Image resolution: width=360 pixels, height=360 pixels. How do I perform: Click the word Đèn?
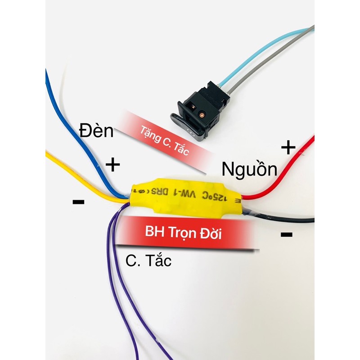[97, 131]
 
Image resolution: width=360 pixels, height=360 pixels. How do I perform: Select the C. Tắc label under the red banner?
[148, 261]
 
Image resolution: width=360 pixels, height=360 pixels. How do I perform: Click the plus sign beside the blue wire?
[112, 165]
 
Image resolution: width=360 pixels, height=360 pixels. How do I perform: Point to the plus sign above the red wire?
[288, 147]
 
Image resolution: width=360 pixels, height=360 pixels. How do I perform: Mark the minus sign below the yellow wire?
[78, 202]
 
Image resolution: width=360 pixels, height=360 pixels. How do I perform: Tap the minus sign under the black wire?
[286, 234]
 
